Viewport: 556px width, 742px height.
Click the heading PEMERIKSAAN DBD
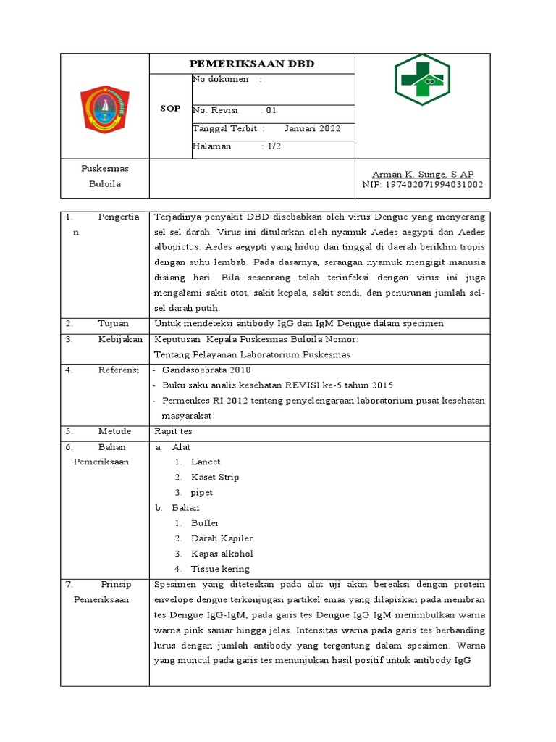click(252, 64)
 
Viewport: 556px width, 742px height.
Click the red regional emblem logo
click(104, 109)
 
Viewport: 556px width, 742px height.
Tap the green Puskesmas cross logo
click(422, 80)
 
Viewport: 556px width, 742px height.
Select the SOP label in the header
click(170, 108)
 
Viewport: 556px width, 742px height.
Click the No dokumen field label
click(221, 79)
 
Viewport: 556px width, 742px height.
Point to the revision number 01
click(271, 111)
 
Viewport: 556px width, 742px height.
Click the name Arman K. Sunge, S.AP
click(423, 174)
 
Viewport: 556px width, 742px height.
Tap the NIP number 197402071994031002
click(423, 184)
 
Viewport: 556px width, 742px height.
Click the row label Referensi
click(119, 370)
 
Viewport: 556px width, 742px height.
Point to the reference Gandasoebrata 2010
click(206, 370)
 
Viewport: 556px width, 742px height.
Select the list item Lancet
click(206, 462)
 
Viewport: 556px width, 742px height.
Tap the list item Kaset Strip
click(215, 477)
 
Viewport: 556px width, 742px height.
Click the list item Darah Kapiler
click(222, 538)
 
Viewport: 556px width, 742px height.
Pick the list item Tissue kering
click(220, 569)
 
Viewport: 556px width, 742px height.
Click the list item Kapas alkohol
click(222, 554)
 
